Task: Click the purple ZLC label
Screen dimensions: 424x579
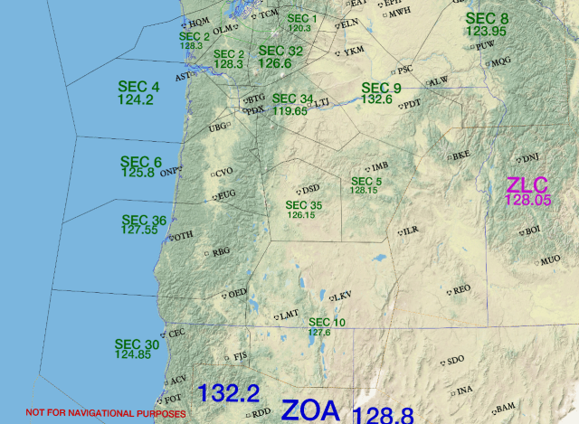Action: point(527,184)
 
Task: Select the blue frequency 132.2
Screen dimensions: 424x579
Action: point(229,394)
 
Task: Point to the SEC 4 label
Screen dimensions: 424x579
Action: point(138,87)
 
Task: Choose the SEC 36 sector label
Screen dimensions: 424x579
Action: point(144,220)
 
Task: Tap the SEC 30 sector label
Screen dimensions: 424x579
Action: point(137,344)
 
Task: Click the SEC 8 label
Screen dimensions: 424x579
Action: point(487,18)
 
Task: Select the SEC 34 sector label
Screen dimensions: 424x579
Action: point(292,99)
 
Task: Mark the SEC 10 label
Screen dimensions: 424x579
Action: point(327,323)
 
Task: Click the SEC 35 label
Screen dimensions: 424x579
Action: point(303,205)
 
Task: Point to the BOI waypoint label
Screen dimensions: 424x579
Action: point(533,231)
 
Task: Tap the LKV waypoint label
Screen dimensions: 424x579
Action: point(343,297)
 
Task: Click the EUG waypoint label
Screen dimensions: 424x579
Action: point(226,194)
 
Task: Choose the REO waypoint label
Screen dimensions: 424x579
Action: point(462,290)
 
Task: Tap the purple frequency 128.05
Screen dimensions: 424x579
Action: point(528,200)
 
